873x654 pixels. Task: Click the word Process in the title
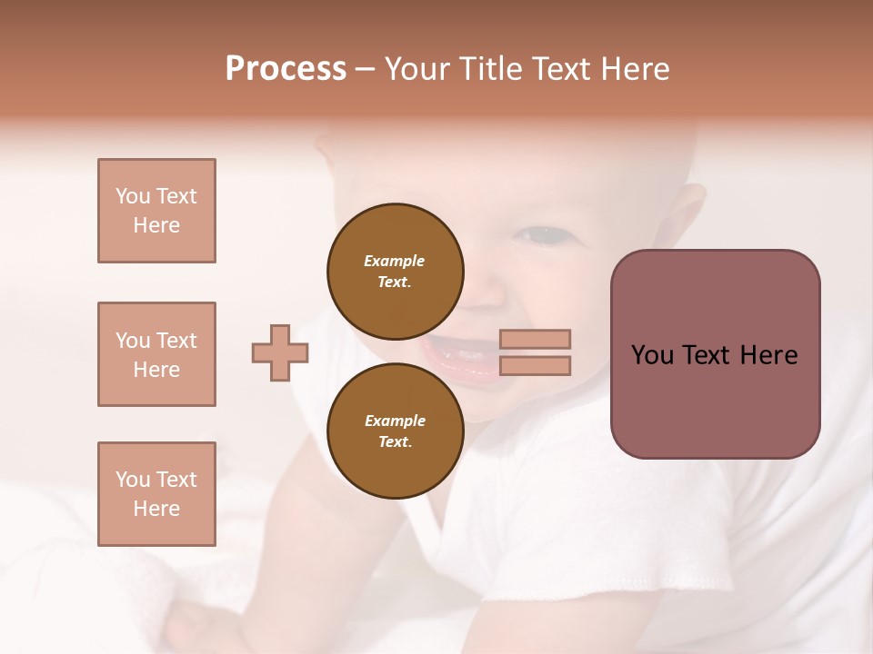coord(286,69)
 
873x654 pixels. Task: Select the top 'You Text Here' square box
coord(156,211)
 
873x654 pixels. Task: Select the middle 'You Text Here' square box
coord(156,354)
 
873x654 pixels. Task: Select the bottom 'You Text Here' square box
coord(156,493)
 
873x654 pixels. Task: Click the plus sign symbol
coord(280,352)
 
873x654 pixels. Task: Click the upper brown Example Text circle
coord(396,271)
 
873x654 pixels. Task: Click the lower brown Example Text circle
coord(396,431)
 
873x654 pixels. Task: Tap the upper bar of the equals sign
coord(535,339)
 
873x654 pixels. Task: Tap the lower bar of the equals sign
coord(535,365)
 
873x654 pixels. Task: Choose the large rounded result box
coord(715,354)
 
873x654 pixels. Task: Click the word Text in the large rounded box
coord(707,355)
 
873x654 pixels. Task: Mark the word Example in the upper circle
coord(395,261)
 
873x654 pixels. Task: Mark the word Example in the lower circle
coord(395,421)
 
